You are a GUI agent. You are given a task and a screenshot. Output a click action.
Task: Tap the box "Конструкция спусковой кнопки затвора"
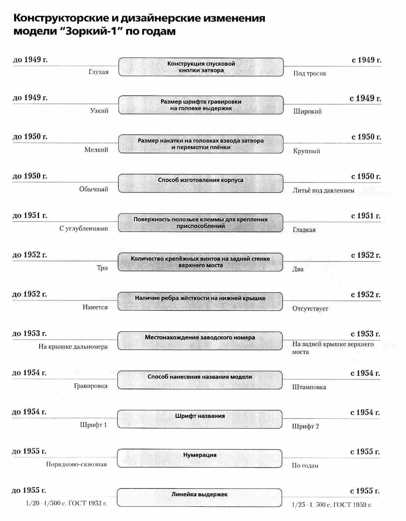tap(201, 67)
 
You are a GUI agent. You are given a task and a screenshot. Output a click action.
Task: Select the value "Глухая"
tap(98, 72)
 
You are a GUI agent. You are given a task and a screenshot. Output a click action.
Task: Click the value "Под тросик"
tap(310, 73)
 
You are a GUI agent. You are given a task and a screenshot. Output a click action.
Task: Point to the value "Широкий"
tap(307, 111)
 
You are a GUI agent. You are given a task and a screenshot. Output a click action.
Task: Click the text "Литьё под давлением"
tap(323, 191)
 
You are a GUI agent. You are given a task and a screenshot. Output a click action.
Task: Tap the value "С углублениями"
tap(83, 229)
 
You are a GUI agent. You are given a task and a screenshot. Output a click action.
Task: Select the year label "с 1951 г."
tap(365, 216)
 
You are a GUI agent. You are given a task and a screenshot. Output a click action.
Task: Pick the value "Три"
tap(102, 268)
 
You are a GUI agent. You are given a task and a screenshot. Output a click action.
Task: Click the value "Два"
tap(298, 269)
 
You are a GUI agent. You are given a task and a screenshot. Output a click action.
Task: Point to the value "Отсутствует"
tap(310, 309)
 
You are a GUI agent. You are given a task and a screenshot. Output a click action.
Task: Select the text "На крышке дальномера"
tap(73, 347)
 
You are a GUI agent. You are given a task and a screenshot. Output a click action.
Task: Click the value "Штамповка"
tap(309, 387)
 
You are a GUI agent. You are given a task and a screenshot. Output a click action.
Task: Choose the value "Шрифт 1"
tap(93, 425)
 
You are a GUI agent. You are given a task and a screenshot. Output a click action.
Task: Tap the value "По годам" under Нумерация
tap(305, 466)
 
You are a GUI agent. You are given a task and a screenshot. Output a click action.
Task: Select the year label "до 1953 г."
tap(30, 334)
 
